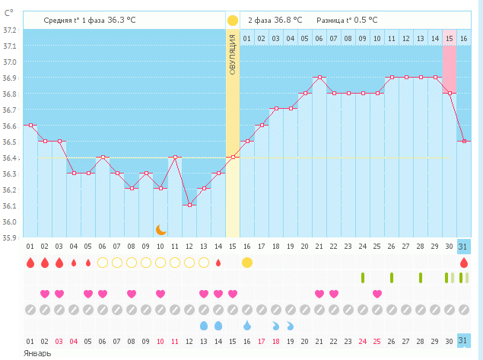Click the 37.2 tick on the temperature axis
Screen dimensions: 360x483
click(x=10, y=30)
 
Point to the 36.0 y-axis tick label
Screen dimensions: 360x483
click(x=10, y=222)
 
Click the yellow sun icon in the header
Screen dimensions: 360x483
click(x=232, y=20)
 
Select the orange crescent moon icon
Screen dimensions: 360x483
click(x=160, y=229)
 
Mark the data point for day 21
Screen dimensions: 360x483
click(x=319, y=77)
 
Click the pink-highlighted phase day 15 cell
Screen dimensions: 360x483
click(x=449, y=38)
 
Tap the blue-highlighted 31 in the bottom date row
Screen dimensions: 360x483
click(x=464, y=340)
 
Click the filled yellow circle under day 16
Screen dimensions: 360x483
click(x=247, y=263)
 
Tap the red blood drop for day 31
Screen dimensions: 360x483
click(x=464, y=263)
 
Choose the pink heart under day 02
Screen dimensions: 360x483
click(x=44, y=294)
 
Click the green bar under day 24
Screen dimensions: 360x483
click(x=363, y=278)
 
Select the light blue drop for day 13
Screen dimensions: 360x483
click(x=204, y=325)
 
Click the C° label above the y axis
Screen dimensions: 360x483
click(x=9, y=13)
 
